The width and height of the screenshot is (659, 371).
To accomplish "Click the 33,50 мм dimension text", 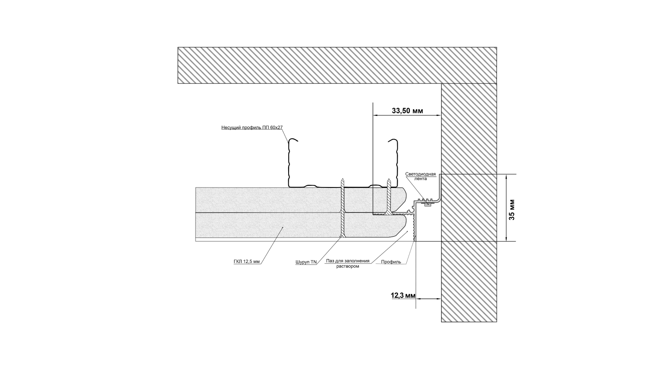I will [407, 111].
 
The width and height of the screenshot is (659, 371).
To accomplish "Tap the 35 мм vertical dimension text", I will [512, 209].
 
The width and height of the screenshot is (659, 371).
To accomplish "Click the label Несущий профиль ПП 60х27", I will [252, 128].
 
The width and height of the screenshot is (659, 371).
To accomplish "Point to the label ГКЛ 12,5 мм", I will [246, 262].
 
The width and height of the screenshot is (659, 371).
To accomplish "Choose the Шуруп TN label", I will [306, 262].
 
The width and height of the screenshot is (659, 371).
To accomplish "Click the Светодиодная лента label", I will [420, 176].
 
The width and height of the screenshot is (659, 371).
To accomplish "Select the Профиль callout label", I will [391, 262].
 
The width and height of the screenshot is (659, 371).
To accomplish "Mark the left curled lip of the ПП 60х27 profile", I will [292, 141].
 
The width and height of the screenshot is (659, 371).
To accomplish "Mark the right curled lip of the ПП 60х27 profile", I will [392, 141].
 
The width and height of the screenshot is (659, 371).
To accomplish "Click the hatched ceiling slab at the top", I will [334, 65].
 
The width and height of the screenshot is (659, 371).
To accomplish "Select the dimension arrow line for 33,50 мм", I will [406, 116].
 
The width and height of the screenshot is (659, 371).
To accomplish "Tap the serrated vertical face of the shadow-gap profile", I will [414, 228].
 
